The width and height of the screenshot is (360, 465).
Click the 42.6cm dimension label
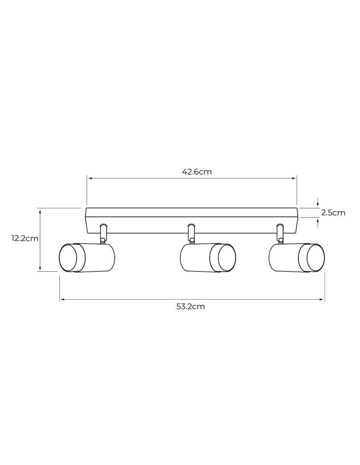197,172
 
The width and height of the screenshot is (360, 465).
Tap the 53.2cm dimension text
190,307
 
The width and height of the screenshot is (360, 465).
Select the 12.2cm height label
25,238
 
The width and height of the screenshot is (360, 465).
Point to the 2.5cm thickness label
333,213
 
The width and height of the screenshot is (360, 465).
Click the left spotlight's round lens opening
68,258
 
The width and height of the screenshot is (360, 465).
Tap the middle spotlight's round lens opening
227,258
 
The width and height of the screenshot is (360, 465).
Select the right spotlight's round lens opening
316,258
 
